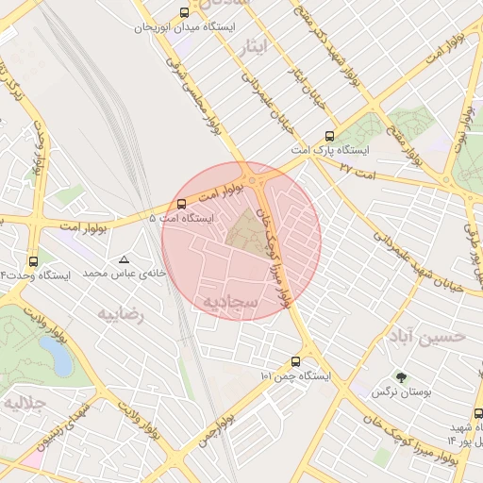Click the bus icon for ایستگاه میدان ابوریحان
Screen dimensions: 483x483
183,13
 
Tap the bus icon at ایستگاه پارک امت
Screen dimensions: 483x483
328,135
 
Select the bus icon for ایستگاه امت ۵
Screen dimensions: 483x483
181,204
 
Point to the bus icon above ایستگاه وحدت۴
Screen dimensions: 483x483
34,261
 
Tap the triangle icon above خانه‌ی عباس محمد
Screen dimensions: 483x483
125,258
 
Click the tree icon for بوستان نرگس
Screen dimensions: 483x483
402,377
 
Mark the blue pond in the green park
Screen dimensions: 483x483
53,356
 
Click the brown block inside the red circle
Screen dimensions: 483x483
247,231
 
